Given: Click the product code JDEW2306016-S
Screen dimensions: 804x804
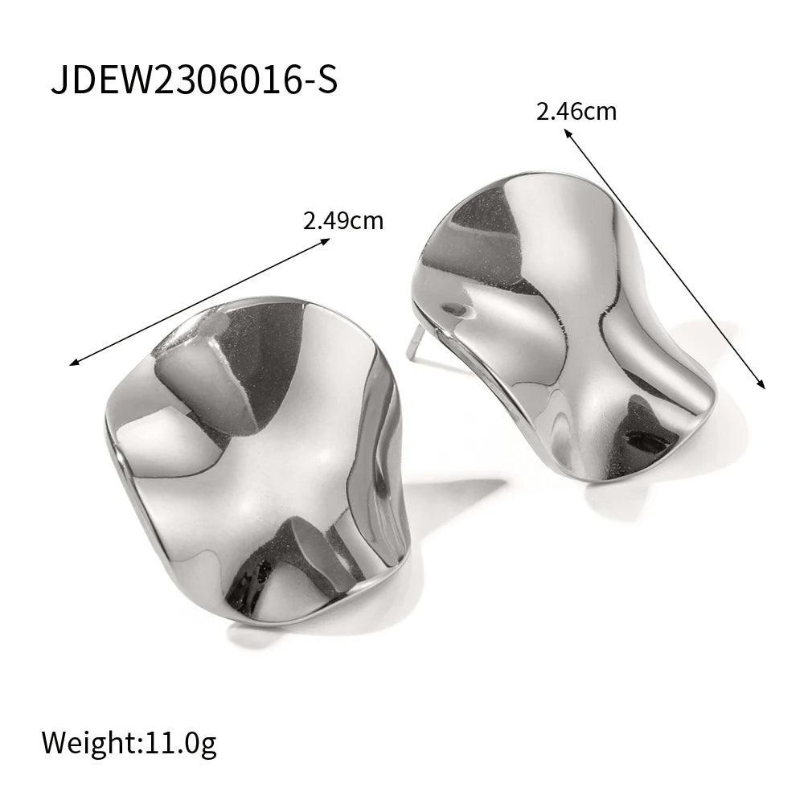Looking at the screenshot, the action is [195, 80].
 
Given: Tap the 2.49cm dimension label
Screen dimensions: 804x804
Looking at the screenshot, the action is [343, 221].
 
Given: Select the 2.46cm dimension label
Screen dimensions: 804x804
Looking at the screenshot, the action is [576, 111].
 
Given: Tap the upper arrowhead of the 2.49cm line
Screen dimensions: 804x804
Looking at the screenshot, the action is [326, 241].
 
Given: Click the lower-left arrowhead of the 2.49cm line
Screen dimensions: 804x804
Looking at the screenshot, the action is [74, 363].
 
